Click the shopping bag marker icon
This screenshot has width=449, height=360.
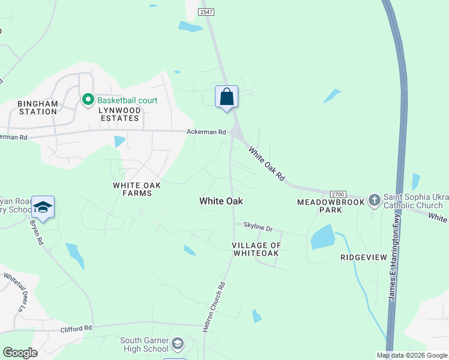coord(226,97)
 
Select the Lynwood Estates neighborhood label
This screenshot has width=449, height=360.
coord(118,114)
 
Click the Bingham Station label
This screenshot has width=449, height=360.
coord(38,107)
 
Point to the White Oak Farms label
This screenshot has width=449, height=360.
coord(137,189)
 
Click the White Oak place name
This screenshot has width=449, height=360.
coord(221,202)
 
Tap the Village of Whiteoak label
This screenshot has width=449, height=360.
coord(256,249)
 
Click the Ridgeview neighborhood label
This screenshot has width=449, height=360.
coord(364,257)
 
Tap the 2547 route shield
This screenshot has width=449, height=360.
coord(205,11)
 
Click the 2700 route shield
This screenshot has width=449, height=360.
coord(338,194)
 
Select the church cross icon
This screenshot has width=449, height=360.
coord(374,199)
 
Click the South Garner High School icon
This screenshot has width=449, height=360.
coord(178,344)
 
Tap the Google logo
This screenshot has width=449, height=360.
coord(20,353)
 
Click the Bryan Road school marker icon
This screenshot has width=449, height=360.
coord(43,207)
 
